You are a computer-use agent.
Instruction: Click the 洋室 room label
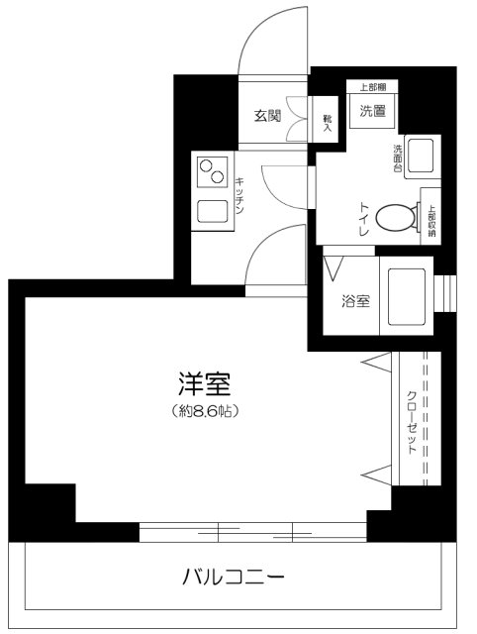(204, 383)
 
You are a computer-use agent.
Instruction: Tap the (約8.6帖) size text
(204, 408)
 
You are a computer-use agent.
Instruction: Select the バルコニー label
(234, 576)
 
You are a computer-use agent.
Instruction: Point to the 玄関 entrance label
(267, 115)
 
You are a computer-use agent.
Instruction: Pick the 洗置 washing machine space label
(372, 110)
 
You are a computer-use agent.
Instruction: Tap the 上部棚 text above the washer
(373, 87)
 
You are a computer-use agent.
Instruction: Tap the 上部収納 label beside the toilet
(431, 216)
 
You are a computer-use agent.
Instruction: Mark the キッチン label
(240, 194)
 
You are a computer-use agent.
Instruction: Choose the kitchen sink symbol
(211, 210)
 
